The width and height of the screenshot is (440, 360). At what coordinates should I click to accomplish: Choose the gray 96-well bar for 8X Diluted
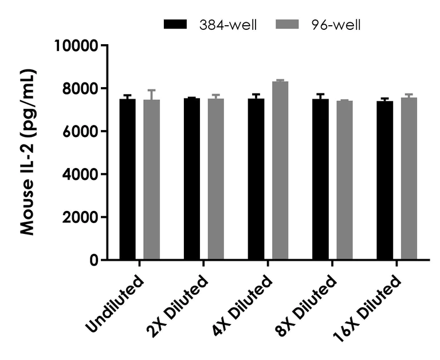344,181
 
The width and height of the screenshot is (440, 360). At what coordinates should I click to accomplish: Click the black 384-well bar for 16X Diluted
384,181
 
